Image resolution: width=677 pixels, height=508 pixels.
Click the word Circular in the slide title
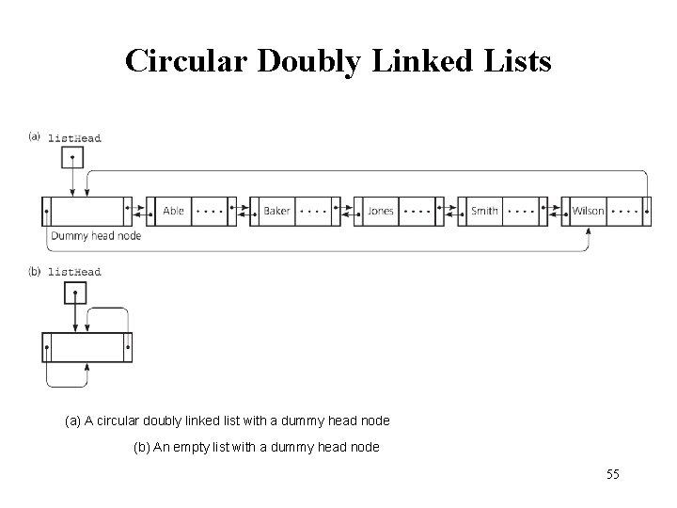[x=180, y=62]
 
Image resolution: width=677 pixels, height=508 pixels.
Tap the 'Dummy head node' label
[x=95, y=235]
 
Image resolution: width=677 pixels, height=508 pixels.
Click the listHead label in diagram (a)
[x=74, y=138]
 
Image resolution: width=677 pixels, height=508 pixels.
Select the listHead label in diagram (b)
[x=74, y=272]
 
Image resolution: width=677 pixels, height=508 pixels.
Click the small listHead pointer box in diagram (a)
[x=73, y=160]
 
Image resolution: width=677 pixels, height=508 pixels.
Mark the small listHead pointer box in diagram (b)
[x=73, y=294]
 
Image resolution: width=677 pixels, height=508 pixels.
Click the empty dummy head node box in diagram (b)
[x=87, y=347]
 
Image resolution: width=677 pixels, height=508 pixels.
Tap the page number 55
[x=613, y=475]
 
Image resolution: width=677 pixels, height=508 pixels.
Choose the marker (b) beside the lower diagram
[x=35, y=271]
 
